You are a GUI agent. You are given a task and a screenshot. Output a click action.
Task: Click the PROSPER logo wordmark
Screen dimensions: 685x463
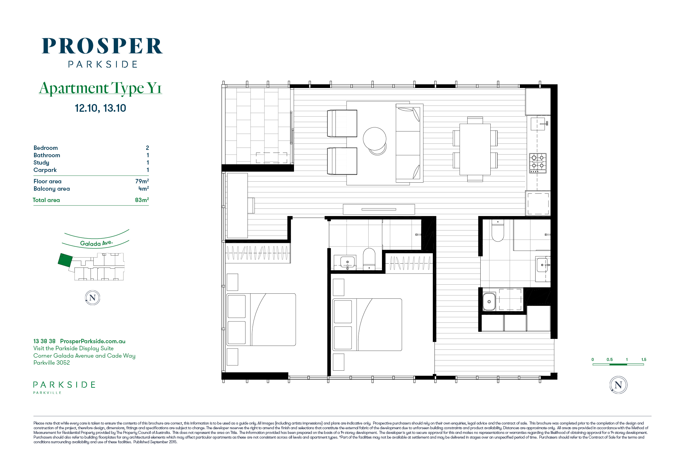[x=102, y=46]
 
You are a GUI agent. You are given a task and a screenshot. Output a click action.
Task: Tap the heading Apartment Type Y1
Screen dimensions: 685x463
[x=100, y=88]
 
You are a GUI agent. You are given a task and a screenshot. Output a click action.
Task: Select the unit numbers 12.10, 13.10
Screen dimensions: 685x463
[x=100, y=108]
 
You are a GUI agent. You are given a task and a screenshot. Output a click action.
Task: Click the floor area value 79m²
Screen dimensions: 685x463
[x=142, y=181]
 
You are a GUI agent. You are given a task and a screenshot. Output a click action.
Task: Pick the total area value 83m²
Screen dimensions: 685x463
[x=142, y=200]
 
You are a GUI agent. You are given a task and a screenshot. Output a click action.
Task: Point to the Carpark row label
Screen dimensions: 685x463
[x=45, y=170]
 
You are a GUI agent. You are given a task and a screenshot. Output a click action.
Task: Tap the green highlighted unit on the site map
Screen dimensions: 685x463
[x=65, y=260]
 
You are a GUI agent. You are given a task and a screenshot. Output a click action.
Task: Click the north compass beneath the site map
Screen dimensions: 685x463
[x=93, y=298]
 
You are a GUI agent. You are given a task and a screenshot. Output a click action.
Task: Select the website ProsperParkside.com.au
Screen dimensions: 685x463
[x=93, y=341]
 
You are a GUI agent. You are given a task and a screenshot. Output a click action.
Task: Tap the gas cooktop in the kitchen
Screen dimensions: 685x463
[x=537, y=163]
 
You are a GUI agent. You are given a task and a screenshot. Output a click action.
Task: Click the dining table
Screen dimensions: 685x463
[x=475, y=149]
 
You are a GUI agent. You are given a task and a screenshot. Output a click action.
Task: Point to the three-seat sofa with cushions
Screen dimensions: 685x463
[x=409, y=143]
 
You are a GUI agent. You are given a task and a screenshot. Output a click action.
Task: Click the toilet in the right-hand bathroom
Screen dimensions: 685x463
[x=498, y=230]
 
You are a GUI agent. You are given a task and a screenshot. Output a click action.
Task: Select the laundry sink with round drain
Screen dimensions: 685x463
[x=489, y=301]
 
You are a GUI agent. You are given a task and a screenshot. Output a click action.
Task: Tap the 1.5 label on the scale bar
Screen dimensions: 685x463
[x=644, y=360]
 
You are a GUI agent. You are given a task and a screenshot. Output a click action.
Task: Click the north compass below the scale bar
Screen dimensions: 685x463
[x=618, y=385]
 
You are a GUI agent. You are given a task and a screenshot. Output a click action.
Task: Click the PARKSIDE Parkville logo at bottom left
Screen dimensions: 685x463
[x=64, y=387]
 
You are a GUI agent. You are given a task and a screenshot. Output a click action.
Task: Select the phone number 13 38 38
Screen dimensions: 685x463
[x=44, y=341]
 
